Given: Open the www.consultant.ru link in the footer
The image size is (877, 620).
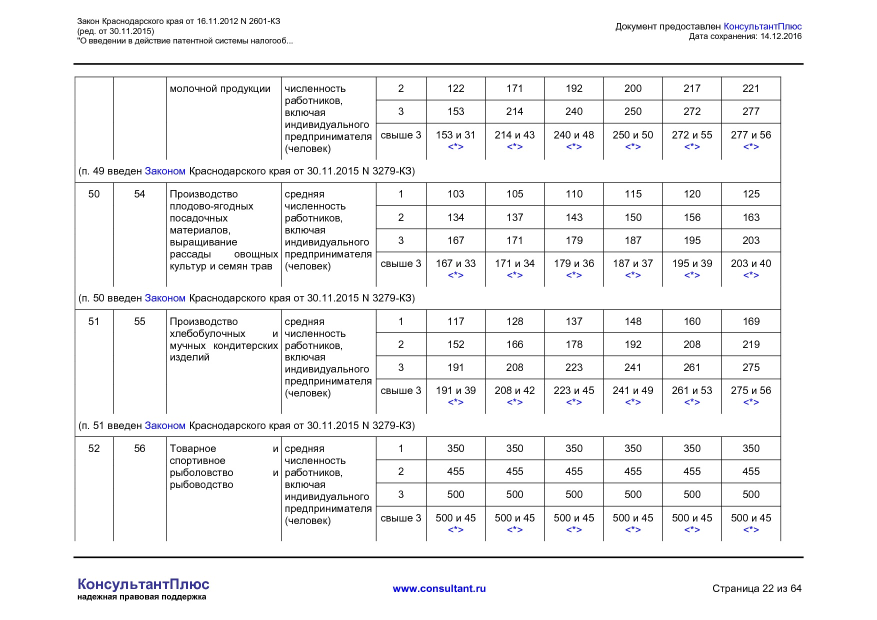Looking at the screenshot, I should (439, 588).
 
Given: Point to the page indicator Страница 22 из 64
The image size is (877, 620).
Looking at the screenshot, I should (756, 588).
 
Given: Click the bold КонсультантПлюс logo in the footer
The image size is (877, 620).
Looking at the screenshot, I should (143, 584).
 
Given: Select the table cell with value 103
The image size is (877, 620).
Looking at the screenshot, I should (455, 194).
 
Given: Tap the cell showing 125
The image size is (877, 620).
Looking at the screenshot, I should (751, 194).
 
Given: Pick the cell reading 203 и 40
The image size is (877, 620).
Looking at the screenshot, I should (751, 263).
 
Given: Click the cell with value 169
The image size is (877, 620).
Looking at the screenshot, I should (751, 321).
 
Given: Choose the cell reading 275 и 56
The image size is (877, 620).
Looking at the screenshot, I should (751, 390).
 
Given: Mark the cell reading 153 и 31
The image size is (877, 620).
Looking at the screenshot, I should (455, 135).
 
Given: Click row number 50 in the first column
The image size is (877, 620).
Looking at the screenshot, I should (94, 194).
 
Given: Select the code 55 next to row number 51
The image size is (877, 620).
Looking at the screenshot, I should (139, 321).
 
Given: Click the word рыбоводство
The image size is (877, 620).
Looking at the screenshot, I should (201, 484).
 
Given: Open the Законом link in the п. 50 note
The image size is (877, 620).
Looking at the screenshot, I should (165, 298).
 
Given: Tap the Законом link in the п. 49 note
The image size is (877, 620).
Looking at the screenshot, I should (165, 171).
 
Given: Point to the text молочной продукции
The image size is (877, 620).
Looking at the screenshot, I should (220, 89).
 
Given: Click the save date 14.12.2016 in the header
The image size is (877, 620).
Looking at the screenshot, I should (780, 36).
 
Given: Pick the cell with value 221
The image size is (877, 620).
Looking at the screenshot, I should (751, 88).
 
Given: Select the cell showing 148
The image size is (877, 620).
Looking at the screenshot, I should (633, 321).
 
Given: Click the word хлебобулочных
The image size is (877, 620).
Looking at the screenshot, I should (207, 333).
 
